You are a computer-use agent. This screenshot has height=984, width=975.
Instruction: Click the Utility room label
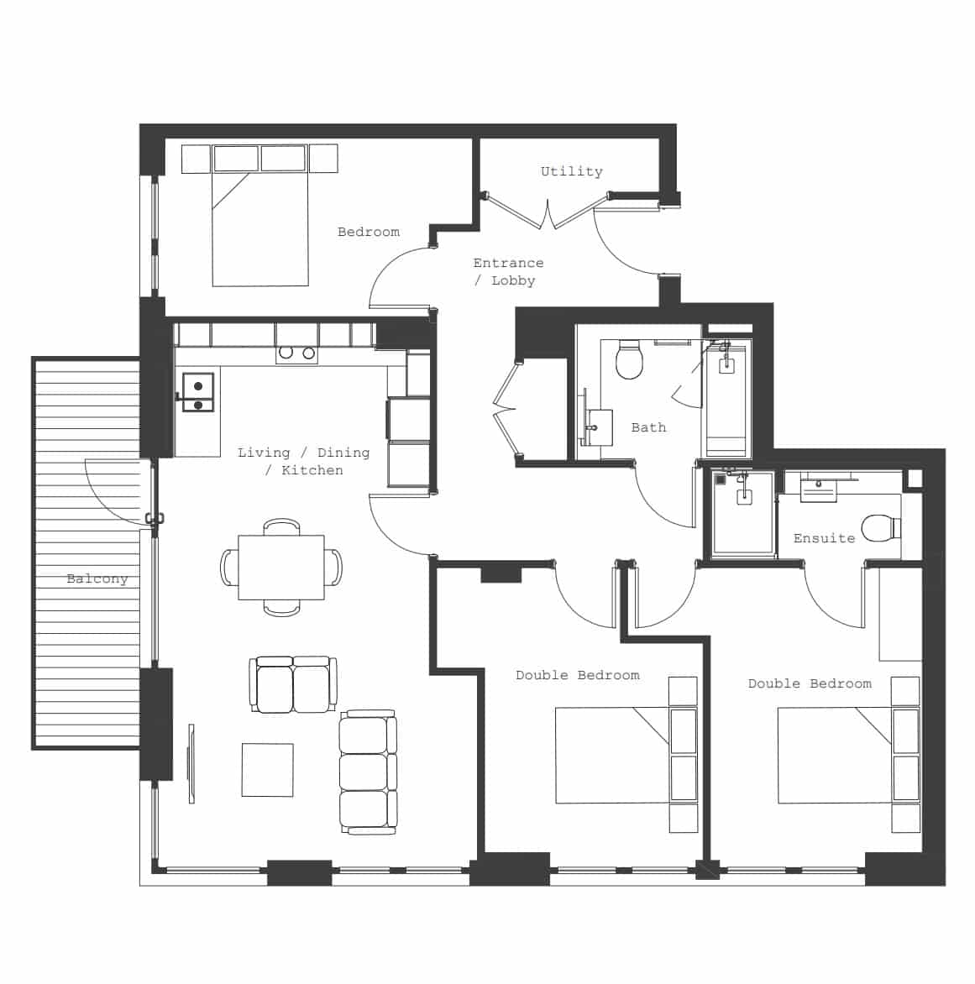point(571,171)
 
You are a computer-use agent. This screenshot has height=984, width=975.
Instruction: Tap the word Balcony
point(97,578)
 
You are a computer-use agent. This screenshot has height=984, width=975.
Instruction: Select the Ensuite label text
point(824,538)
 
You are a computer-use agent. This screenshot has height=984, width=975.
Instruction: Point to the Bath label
point(648,427)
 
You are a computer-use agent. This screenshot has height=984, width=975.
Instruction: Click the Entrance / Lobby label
point(508,271)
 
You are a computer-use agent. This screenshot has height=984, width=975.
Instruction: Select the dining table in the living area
point(281,568)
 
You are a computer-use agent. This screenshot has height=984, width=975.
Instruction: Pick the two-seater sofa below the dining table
point(293,684)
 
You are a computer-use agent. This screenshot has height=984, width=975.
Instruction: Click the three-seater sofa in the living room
point(368,772)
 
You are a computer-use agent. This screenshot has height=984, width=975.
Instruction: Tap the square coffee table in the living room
point(268,769)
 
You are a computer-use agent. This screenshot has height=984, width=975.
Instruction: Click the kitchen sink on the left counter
point(199,395)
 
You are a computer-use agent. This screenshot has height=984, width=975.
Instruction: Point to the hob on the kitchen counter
point(296,353)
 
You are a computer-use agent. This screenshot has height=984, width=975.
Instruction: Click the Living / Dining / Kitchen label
point(303,461)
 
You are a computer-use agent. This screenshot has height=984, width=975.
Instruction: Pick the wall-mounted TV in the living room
point(191,763)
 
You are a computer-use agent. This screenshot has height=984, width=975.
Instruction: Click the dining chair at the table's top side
point(281,527)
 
